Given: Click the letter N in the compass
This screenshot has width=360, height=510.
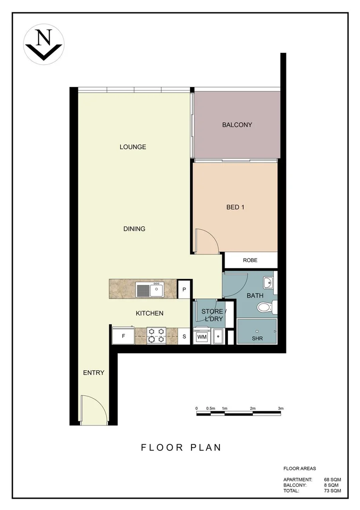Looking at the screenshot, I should tap(44, 38).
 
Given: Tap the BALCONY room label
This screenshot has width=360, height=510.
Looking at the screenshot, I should tap(237, 125).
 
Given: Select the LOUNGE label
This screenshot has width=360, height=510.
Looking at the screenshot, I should tap(133, 147).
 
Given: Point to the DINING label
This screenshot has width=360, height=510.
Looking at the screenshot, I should tap(134, 229).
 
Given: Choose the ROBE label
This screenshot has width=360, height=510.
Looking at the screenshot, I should tap(250, 260).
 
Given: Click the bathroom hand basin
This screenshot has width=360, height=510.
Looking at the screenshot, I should tap(268, 283).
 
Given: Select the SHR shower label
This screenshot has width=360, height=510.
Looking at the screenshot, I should tap(257, 339).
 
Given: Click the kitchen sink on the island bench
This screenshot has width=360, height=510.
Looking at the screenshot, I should tap(150, 289).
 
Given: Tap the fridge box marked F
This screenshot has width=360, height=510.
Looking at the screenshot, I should tap(123, 337).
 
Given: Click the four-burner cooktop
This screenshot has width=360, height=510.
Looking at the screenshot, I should tap(157, 335).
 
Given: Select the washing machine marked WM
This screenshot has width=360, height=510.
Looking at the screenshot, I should tap(202, 337).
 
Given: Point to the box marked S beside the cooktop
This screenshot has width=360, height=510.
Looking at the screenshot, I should tap(184, 337).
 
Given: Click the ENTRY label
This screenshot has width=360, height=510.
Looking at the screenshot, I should tap(93, 373).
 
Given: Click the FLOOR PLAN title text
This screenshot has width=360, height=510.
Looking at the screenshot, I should tap(181, 447).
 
